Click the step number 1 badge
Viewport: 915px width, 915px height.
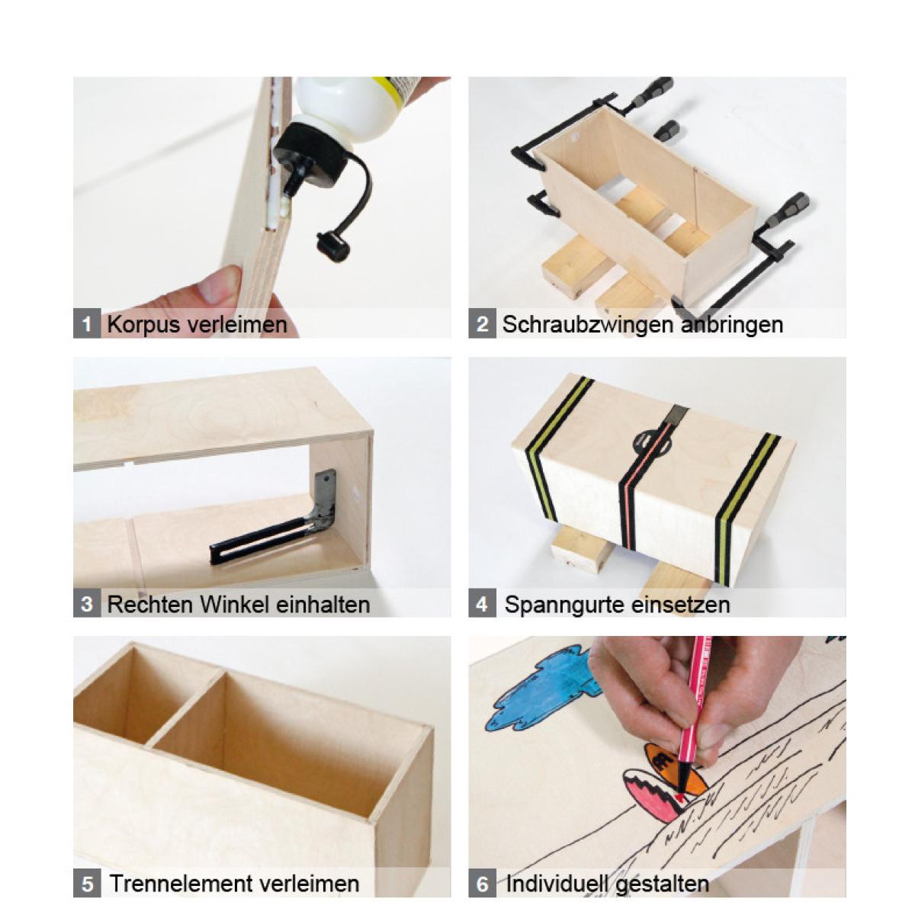click(86, 324)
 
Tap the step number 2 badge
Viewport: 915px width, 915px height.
click(482, 324)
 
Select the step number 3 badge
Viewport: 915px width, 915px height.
click(86, 603)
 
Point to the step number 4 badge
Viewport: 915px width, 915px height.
click(482, 603)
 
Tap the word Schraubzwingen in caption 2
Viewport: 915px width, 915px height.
click(588, 326)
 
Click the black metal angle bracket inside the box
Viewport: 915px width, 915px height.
click(280, 518)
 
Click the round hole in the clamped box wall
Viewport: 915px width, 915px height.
click(576, 137)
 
